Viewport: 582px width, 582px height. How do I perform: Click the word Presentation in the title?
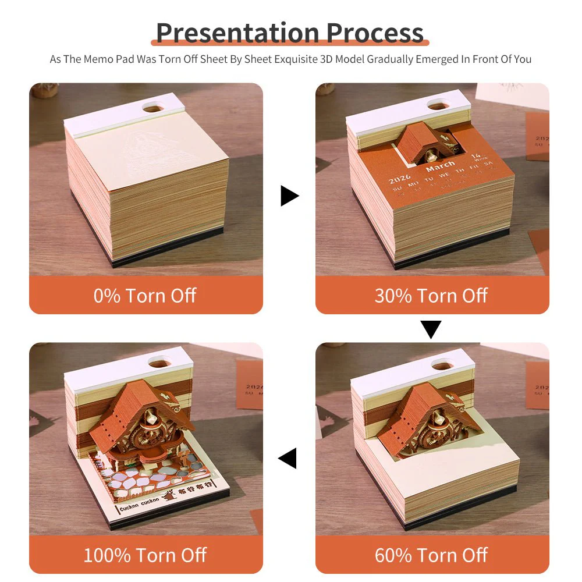tap(237, 33)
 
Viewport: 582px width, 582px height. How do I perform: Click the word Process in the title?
tap(375, 33)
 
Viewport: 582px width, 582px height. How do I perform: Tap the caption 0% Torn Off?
tap(145, 295)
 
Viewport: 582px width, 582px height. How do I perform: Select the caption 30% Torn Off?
tap(431, 295)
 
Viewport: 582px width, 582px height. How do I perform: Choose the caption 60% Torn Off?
tap(431, 555)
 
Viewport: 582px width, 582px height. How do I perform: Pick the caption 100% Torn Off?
tap(145, 555)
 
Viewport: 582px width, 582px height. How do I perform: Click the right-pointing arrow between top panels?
tap(289, 196)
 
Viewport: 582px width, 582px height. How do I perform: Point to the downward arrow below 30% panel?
tap(431, 329)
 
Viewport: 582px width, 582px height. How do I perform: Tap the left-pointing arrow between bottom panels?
tap(288, 458)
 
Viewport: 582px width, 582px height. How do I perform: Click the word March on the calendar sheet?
tap(440, 168)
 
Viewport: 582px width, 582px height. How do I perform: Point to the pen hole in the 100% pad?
tap(158, 363)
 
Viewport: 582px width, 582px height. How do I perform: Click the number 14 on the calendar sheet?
tap(477, 157)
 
